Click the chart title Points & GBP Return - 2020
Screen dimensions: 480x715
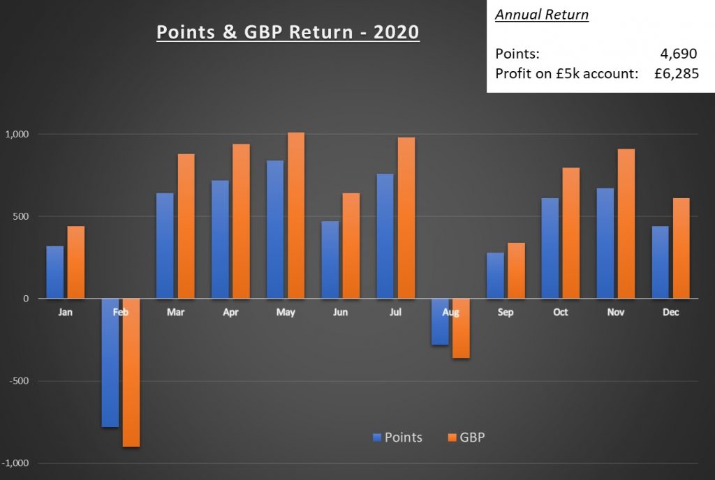point(288,33)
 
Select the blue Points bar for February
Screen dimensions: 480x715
point(110,363)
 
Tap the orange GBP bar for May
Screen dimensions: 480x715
point(296,216)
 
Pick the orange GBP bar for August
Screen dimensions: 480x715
point(461,329)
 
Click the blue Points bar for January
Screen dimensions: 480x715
point(55,272)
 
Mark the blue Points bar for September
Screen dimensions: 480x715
point(495,276)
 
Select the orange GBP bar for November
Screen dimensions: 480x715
point(626,224)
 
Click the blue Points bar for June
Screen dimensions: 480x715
point(330,260)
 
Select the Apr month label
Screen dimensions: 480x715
point(230,313)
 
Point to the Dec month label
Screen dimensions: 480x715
point(670,313)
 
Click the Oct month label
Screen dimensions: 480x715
point(561,313)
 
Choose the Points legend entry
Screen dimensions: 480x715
point(397,437)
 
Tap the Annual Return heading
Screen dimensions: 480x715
point(542,15)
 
